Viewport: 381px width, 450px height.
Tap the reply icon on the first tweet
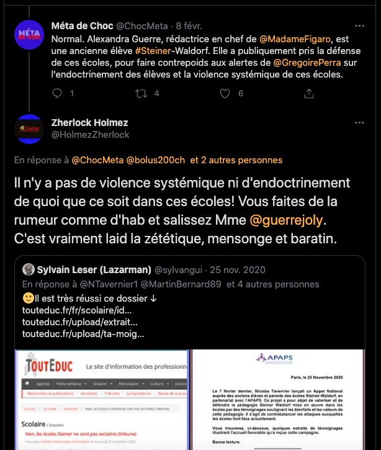[x=58, y=94]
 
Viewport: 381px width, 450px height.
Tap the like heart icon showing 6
[x=224, y=94]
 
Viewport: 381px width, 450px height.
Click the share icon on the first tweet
[x=308, y=94]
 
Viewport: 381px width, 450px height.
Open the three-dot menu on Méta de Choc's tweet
[x=359, y=27]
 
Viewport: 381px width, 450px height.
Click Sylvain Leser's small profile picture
[x=28, y=269]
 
